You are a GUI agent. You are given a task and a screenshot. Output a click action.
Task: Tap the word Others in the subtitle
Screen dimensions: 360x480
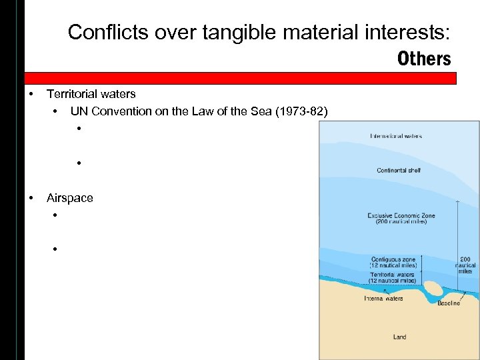(x=424, y=59)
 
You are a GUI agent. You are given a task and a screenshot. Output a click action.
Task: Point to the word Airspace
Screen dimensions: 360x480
(x=70, y=197)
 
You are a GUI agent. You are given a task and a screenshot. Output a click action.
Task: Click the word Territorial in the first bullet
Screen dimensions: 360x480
(x=74, y=95)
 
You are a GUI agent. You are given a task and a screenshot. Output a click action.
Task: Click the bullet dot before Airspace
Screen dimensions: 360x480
(x=31, y=197)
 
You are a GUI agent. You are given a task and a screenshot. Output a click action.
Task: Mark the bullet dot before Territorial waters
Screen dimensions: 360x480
(x=31, y=95)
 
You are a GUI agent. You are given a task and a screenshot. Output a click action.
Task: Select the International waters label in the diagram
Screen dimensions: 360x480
(x=396, y=137)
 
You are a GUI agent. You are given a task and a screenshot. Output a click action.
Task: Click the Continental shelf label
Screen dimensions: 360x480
(x=399, y=171)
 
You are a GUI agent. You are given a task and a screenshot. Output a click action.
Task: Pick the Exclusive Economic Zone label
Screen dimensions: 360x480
(x=397, y=218)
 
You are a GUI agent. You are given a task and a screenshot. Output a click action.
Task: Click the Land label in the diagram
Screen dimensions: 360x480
(x=399, y=337)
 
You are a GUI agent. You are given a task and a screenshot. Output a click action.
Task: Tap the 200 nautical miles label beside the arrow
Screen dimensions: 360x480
(x=465, y=266)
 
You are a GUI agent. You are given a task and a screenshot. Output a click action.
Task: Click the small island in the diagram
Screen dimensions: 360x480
(x=435, y=289)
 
